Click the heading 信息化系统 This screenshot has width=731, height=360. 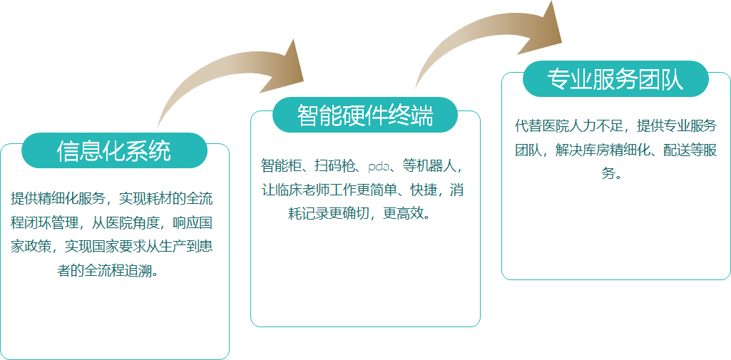click(x=114, y=150)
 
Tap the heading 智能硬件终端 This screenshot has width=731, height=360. click(x=365, y=115)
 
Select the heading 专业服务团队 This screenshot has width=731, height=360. click(x=615, y=79)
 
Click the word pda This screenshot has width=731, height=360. click(x=378, y=166)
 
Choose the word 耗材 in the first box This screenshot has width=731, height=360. click(x=159, y=199)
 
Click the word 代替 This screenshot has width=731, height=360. click(x=528, y=125)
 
